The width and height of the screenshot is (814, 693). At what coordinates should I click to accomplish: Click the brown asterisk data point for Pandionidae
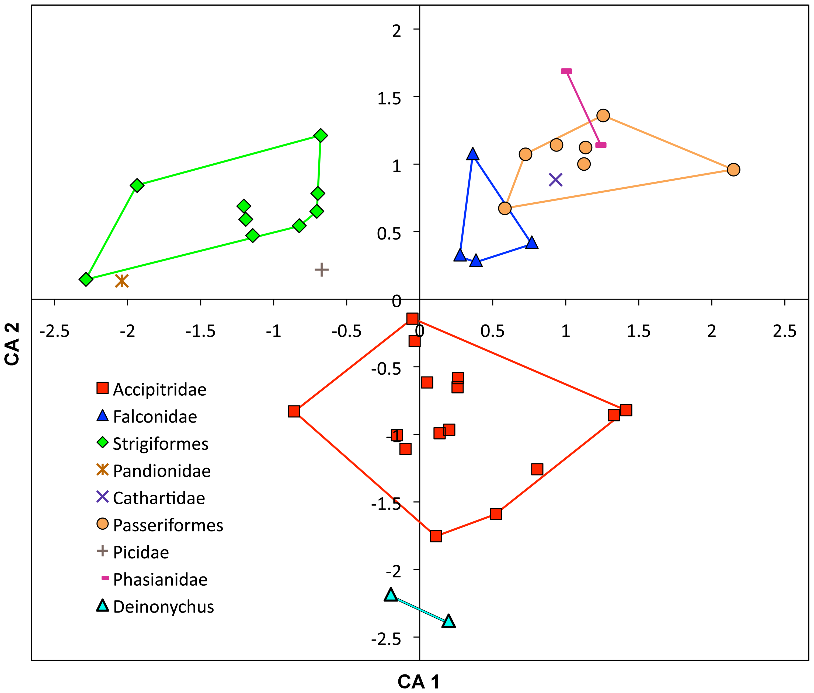tap(122, 281)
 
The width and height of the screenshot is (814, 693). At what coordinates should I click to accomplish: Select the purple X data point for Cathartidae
tap(555, 180)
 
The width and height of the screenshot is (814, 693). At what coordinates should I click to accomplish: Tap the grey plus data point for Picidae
tap(321, 270)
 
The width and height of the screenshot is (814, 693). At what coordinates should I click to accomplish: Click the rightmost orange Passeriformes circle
tap(733, 170)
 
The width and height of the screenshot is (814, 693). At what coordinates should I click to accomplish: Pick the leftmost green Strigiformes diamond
tap(86, 279)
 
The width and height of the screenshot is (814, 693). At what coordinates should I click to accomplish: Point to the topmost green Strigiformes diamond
tap(321, 135)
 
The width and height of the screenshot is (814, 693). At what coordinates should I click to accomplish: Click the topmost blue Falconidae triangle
tap(473, 154)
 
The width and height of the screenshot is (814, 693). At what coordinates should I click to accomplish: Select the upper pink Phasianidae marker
tap(566, 71)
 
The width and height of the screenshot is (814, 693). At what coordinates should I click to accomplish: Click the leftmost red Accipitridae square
tap(294, 411)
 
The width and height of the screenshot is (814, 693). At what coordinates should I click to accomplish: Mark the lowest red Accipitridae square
tap(436, 536)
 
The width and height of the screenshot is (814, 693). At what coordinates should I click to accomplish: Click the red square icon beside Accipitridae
tap(103, 388)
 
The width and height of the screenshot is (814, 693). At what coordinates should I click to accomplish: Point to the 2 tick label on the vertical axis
tap(397, 30)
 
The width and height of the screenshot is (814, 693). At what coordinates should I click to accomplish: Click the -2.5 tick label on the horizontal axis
tap(55, 332)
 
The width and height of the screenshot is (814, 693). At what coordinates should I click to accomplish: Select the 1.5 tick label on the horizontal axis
tap(638, 332)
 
